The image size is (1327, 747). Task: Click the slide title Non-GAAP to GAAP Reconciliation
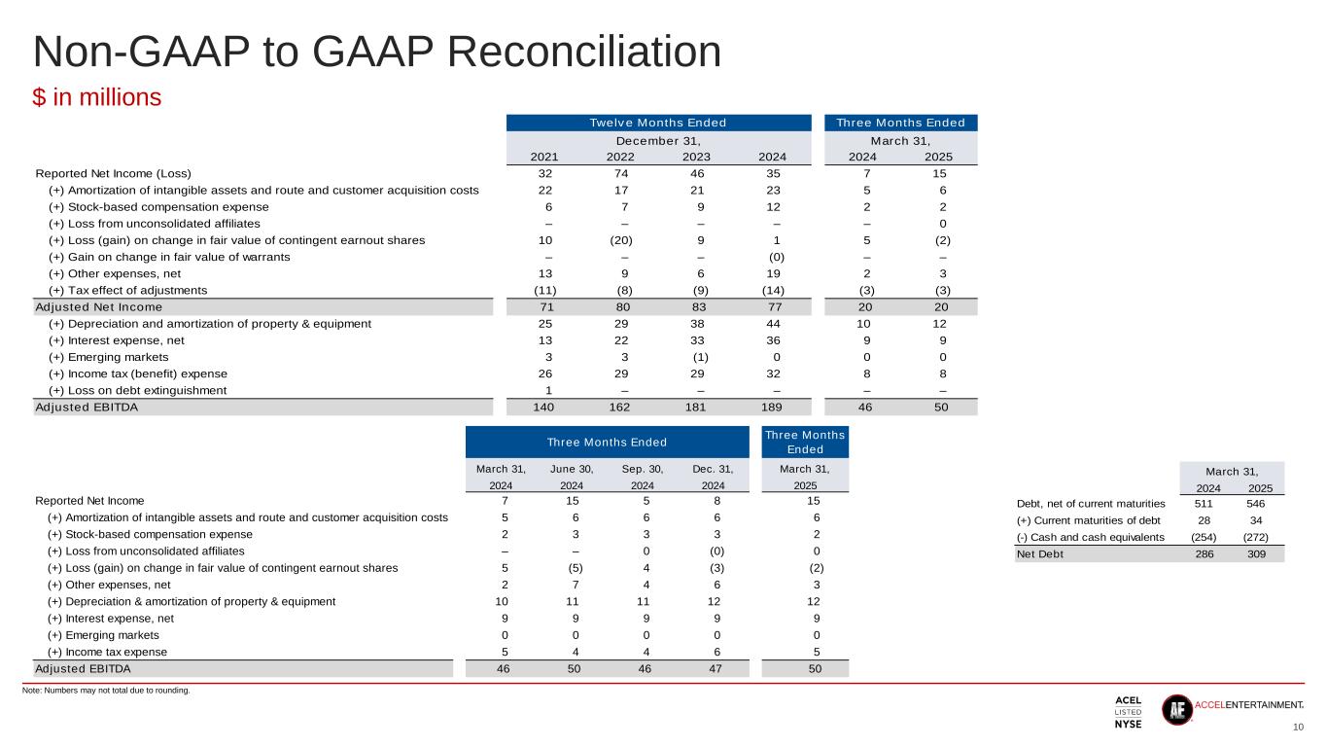pos(377,53)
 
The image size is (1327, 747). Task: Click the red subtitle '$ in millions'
pos(97,97)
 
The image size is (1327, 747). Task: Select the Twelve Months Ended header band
pos(658,123)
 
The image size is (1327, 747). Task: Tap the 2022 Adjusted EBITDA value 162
pos(619,408)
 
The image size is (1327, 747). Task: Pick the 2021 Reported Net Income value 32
pos(545,172)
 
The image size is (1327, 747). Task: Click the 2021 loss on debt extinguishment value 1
pos(545,390)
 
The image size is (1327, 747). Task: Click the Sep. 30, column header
pos(643,470)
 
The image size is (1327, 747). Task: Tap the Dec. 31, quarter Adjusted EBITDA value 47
pos(714,669)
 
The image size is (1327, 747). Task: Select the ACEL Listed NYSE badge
pos(1128,712)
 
